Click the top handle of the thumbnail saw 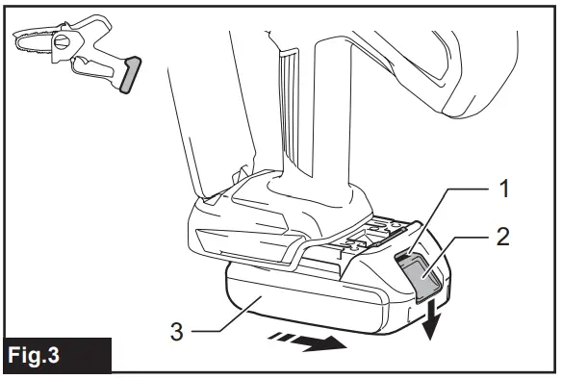(91, 25)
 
